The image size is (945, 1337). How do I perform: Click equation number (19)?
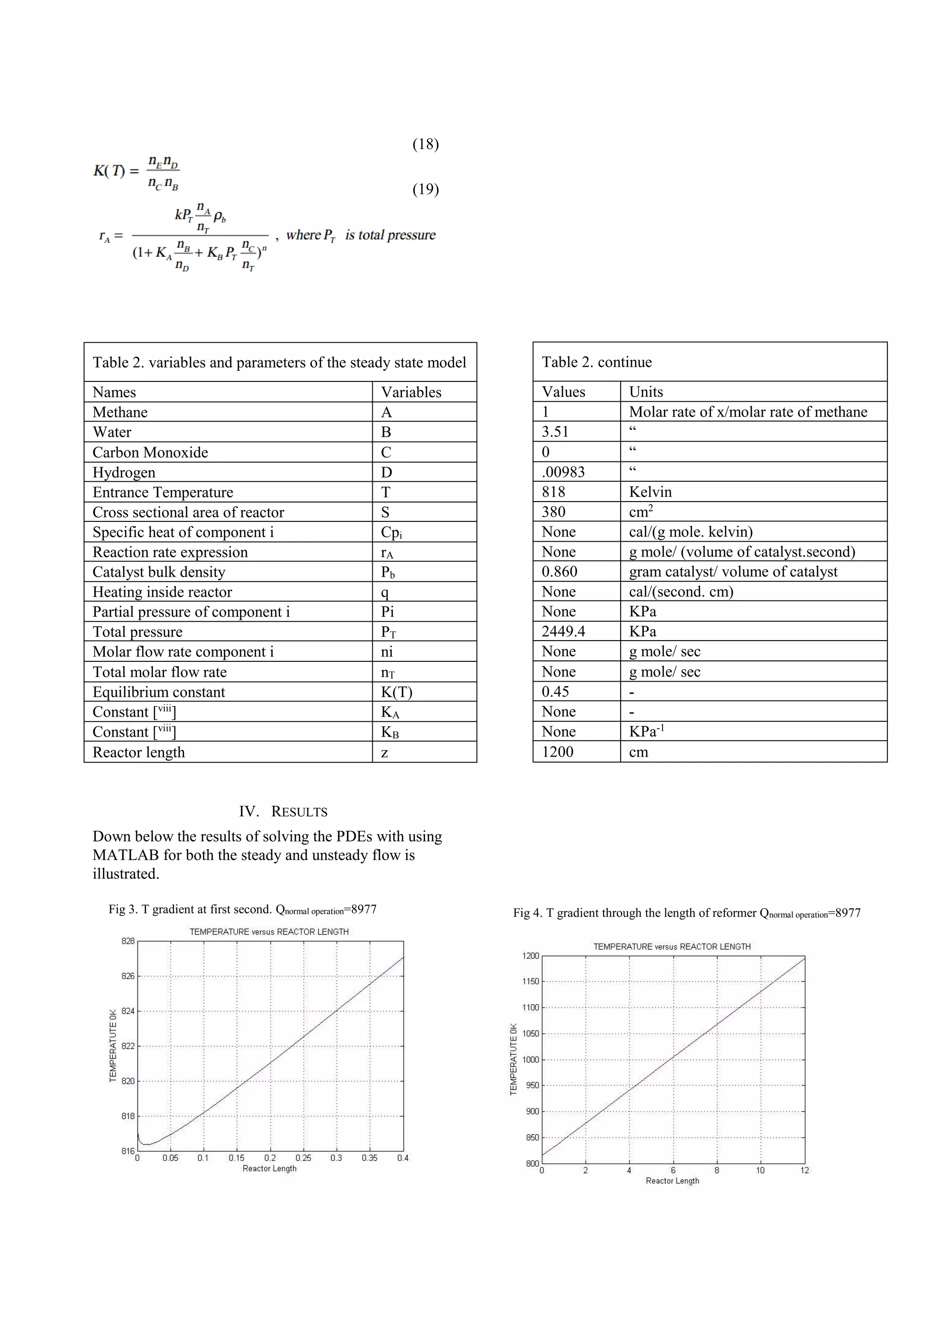click(x=425, y=189)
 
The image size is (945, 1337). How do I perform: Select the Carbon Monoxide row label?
click(x=150, y=453)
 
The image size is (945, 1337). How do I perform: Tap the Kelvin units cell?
click(x=650, y=492)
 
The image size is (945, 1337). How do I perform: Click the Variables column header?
click(x=411, y=392)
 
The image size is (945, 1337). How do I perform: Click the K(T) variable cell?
click(x=396, y=692)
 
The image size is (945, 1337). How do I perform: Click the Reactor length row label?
click(x=138, y=752)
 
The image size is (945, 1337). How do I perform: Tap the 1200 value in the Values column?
click(x=557, y=752)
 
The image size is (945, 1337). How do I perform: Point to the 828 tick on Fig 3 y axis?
click(x=128, y=941)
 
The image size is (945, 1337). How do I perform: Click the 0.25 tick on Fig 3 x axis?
click(x=303, y=1158)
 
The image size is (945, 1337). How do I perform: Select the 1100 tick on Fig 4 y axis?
click(x=530, y=1007)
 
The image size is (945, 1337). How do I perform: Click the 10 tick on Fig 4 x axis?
click(x=760, y=1170)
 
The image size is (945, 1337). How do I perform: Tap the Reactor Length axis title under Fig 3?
click(x=269, y=1169)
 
